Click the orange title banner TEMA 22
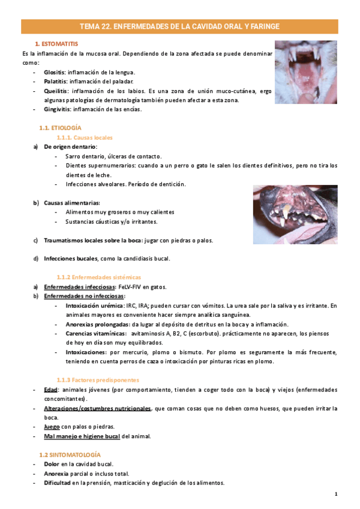coord(179,26)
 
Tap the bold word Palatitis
coord(56,81)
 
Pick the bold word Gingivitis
coord(57,109)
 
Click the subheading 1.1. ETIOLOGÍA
coord(60,128)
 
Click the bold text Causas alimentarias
coord(71,203)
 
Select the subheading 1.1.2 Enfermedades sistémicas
coord(98,277)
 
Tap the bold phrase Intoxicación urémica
coord(91,306)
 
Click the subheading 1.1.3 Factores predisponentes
coord(98,380)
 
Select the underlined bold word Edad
coord(50,390)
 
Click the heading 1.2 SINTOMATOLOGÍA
coord(70,455)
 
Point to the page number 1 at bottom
coord(337,494)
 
